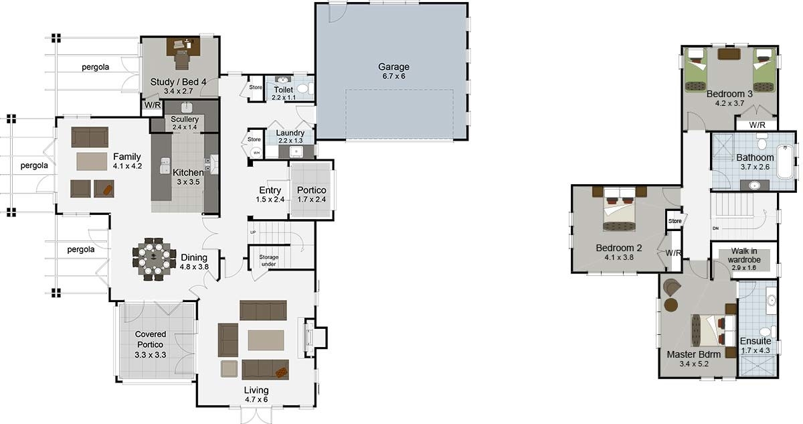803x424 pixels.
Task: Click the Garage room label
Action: (x=393, y=67)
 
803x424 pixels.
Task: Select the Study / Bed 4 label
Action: (x=178, y=82)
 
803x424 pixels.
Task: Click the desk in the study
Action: (x=182, y=46)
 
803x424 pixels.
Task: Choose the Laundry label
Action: (x=290, y=133)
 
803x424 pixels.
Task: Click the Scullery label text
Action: (x=185, y=119)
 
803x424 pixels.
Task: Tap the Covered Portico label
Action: (x=151, y=339)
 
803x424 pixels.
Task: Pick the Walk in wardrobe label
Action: (x=743, y=254)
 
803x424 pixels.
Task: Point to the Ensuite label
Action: (x=755, y=341)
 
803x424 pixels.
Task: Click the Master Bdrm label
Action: (x=693, y=354)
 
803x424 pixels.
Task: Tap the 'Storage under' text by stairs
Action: (x=269, y=261)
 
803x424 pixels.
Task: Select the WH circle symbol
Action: (x=256, y=152)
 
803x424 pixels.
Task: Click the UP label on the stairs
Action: (x=253, y=232)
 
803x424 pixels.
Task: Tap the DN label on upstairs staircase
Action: (x=715, y=228)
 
